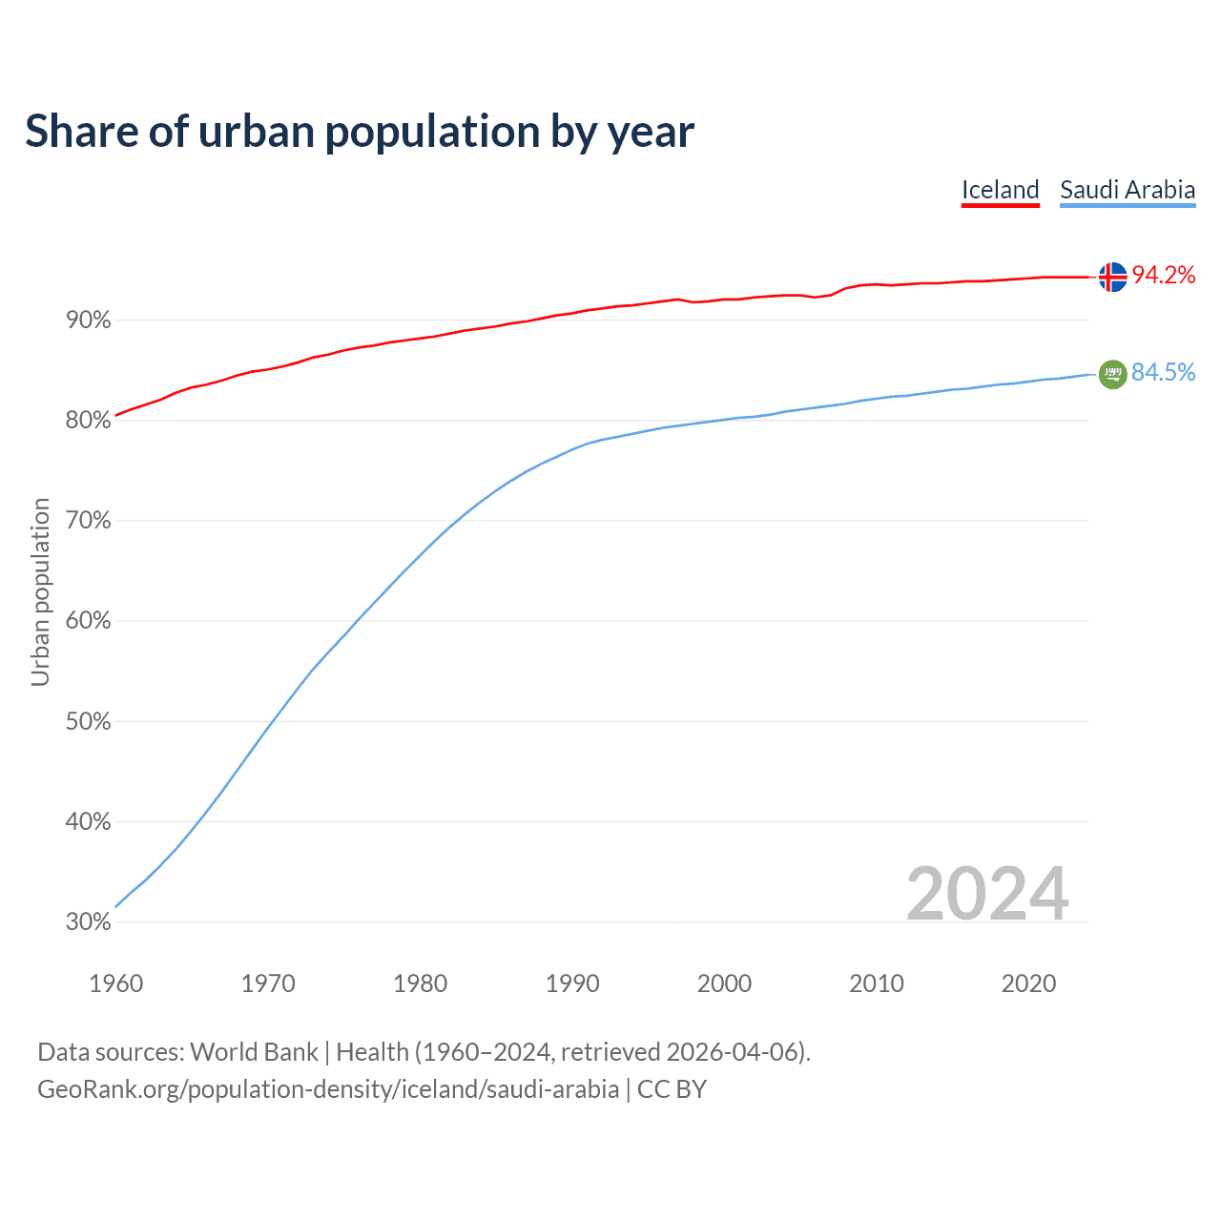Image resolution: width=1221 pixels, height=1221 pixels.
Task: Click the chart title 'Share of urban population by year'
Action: click(360, 132)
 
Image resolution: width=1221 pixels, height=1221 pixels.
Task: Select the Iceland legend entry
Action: click(1000, 190)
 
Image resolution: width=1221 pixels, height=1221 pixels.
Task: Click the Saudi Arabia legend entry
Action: click(1128, 190)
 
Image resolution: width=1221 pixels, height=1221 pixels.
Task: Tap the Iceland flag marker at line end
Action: click(1112, 277)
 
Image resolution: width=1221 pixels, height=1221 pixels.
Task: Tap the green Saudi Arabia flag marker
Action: click(1112, 374)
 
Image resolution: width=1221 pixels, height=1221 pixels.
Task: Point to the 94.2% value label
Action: click(1164, 276)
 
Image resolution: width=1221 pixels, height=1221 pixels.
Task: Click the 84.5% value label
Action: click(1164, 373)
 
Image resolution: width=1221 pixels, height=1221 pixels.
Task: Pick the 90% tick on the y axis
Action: click(89, 321)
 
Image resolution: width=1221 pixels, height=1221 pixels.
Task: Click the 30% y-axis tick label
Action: click(89, 922)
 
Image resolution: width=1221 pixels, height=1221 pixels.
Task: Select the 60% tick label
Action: click(89, 621)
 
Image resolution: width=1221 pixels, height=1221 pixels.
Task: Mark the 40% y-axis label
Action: click(89, 822)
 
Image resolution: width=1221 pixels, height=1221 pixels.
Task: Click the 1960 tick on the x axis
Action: click(116, 983)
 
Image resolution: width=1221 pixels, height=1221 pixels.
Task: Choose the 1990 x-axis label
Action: click(572, 983)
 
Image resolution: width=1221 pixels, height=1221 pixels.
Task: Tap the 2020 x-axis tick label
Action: click(1028, 983)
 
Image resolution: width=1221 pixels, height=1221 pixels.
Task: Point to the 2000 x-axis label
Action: click(724, 983)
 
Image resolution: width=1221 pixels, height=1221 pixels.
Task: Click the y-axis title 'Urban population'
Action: click(40, 591)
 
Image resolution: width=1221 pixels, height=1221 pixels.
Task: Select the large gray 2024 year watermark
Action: click(987, 894)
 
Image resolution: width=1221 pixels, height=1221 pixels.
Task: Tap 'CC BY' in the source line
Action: click(672, 1089)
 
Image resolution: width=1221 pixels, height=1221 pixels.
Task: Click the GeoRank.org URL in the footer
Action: click(328, 1089)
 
